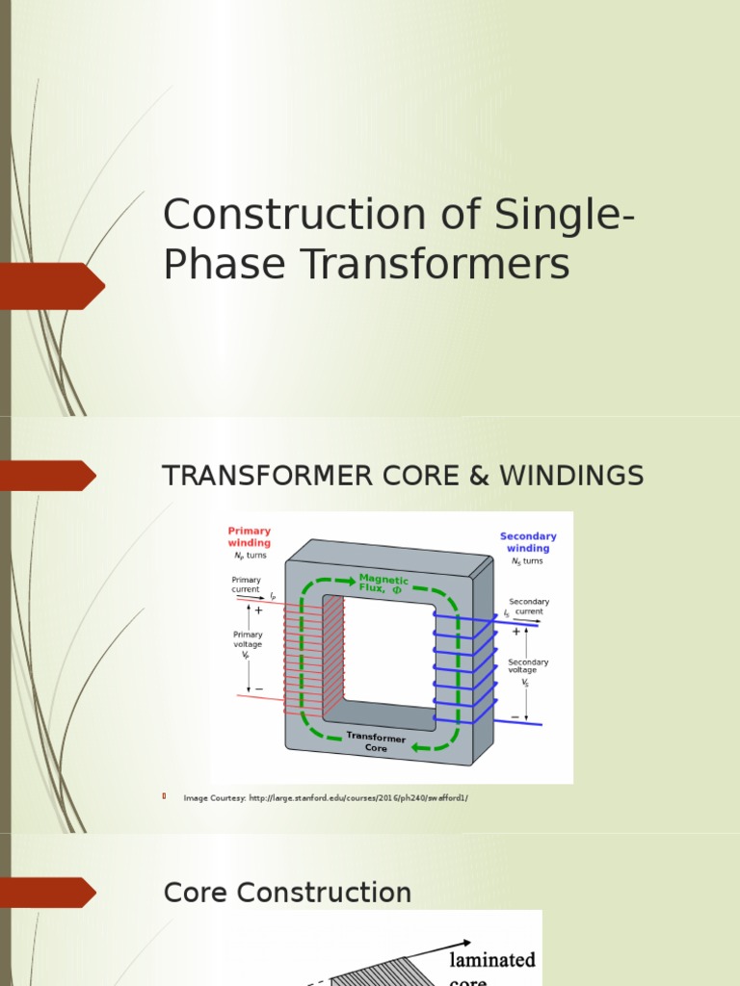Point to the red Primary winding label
point(250,536)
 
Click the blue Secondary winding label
point(528,542)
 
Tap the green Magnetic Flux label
point(383,584)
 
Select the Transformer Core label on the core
point(376,742)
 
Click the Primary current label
point(246,584)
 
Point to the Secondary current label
point(529,607)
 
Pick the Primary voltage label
point(247,639)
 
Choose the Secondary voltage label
point(528,666)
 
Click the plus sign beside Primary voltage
point(258,610)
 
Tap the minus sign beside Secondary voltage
point(515,717)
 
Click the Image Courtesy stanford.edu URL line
point(326,798)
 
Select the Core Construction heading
point(287,893)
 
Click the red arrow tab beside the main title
point(52,286)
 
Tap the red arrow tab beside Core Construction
point(48,893)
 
